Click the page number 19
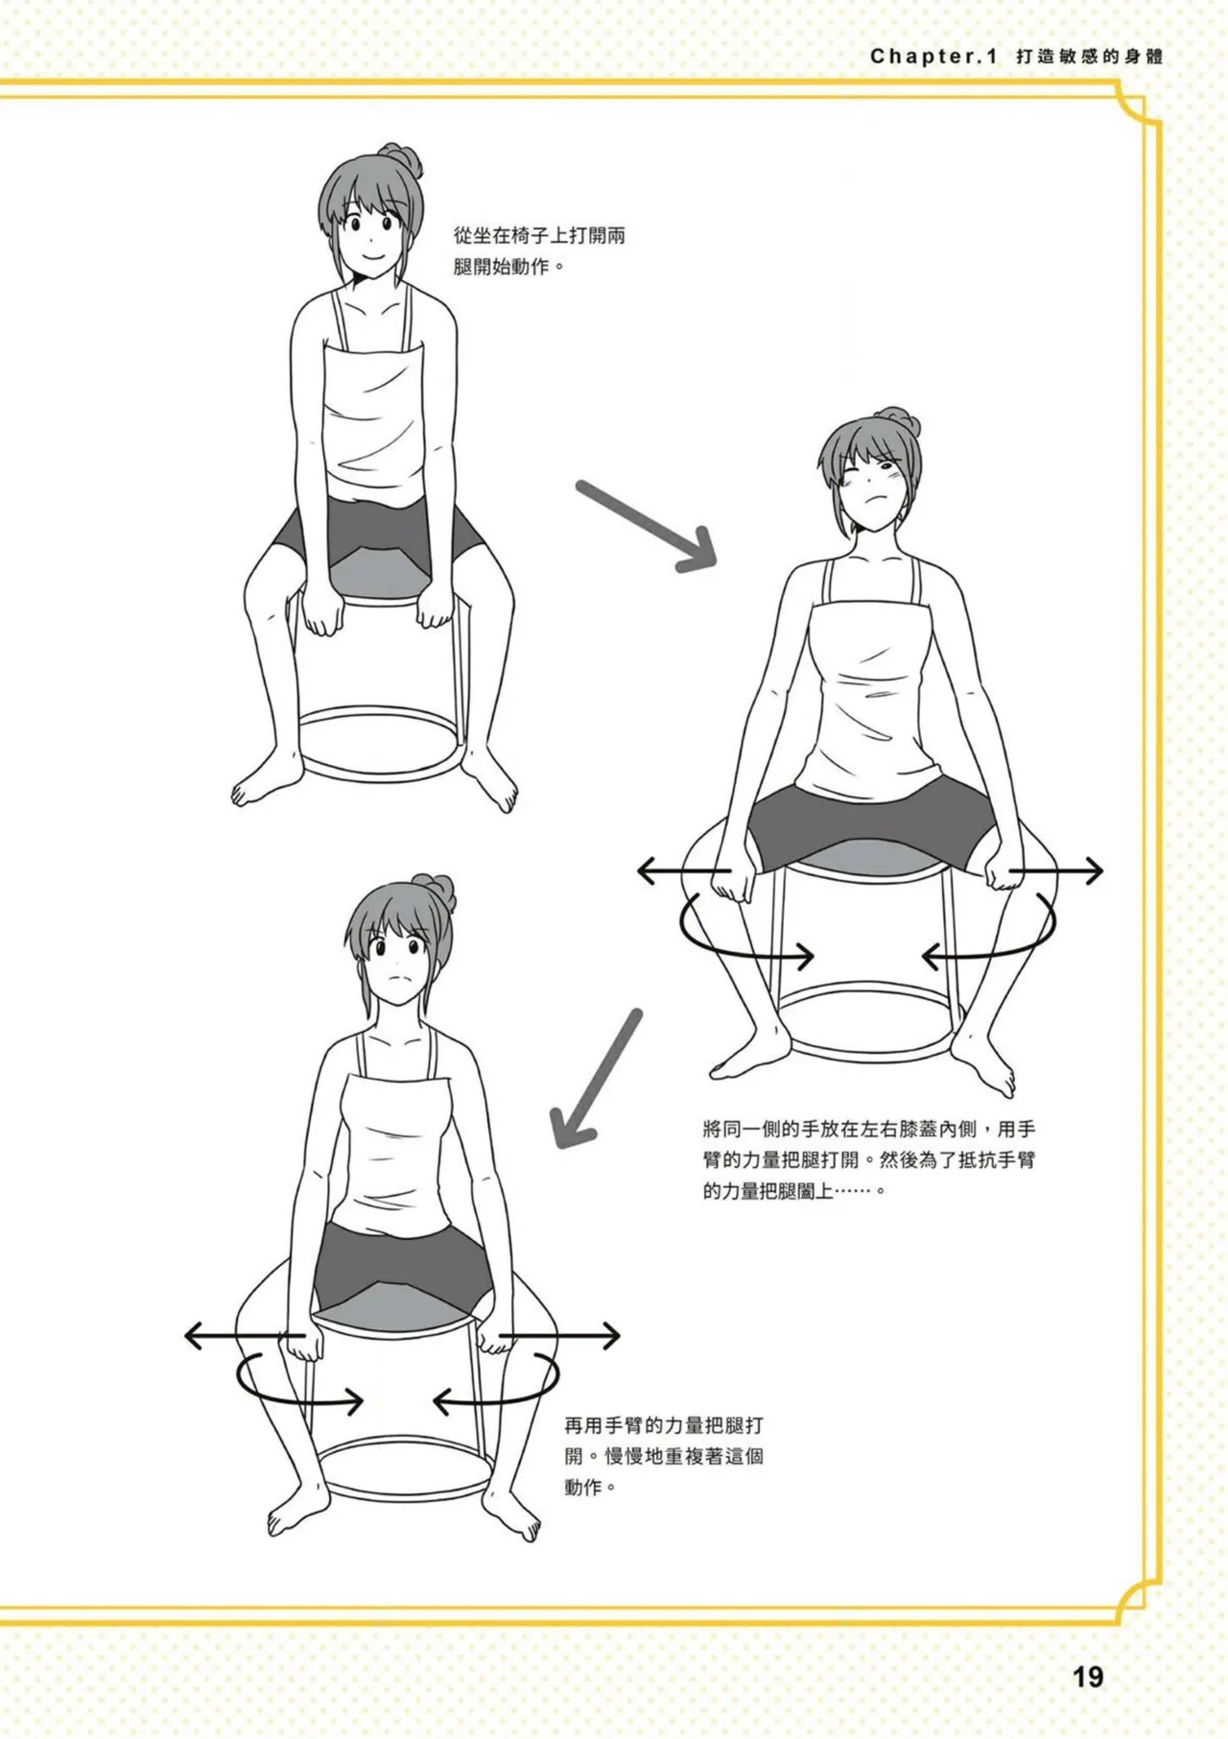1088,1678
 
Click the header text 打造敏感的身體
1090,57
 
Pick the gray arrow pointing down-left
596,1080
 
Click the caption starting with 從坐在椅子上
539,250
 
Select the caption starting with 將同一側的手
869,1160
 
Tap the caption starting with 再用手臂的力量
664,1457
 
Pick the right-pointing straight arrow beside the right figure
1055,871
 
